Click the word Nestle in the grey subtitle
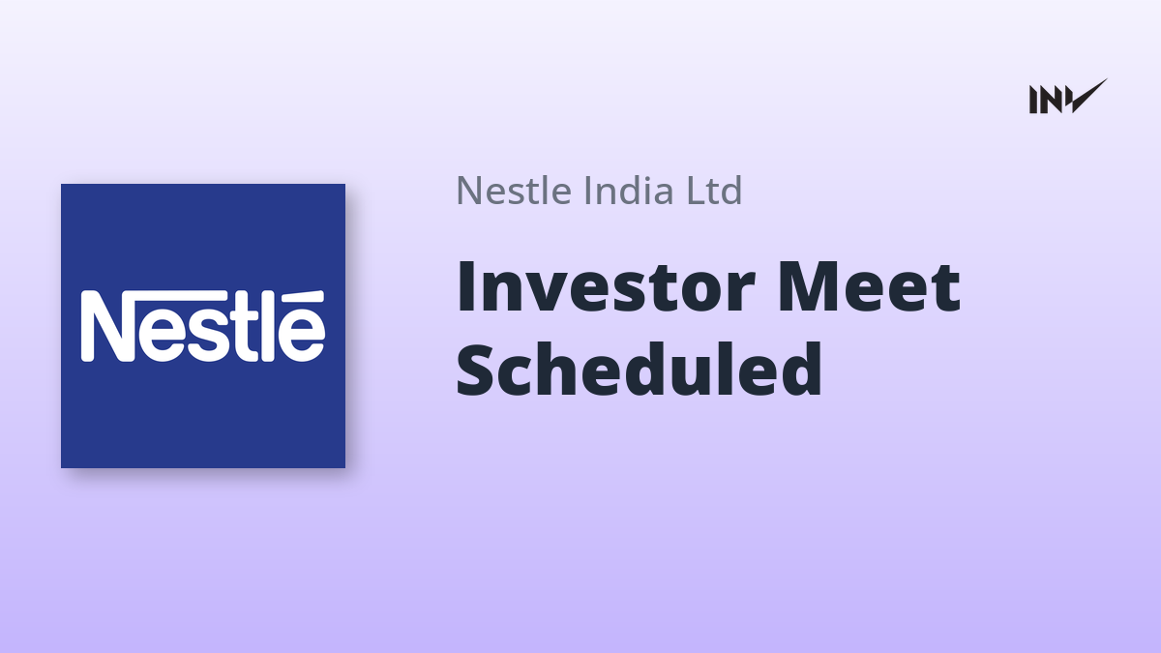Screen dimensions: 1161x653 [514, 191]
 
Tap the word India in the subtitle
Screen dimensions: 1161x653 [629, 190]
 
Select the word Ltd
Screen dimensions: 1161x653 [714, 190]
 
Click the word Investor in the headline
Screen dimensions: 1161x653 [606, 287]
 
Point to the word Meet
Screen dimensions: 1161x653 [869, 287]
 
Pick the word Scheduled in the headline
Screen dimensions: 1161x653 [639, 369]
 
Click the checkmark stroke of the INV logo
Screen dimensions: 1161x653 [1089, 96]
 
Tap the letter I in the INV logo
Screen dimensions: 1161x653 [1033, 100]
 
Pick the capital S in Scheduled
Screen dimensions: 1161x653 [475, 370]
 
